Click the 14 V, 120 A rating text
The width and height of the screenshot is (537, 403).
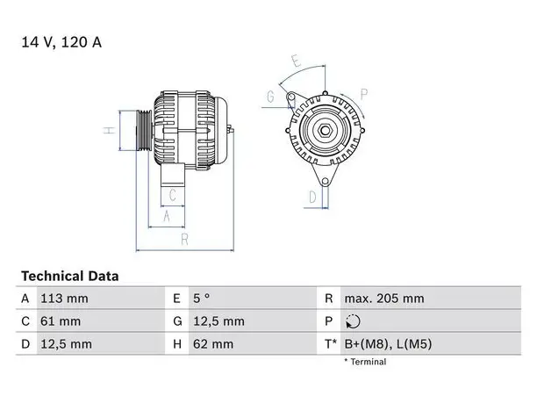tap(61, 42)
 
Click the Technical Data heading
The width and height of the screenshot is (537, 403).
tap(70, 277)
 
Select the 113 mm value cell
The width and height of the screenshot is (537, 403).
tap(64, 299)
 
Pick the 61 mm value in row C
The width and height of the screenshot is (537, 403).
tap(61, 321)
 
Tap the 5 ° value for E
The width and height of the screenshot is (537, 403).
tap(202, 299)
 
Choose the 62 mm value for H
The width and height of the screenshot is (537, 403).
tap(213, 344)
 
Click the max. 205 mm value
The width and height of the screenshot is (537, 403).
tap(384, 299)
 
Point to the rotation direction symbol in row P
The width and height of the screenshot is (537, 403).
tap(353, 321)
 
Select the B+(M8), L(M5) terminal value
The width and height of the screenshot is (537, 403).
tap(388, 344)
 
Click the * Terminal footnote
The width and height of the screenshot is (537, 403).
tap(365, 362)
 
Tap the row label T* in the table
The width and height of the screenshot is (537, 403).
tap(331, 343)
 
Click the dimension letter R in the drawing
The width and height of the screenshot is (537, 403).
tap(184, 239)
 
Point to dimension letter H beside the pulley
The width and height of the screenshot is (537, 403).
tap(110, 130)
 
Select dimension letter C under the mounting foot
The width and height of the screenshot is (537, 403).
tap(173, 195)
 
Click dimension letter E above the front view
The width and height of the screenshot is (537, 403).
tap(297, 61)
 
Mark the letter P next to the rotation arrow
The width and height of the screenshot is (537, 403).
tap(364, 94)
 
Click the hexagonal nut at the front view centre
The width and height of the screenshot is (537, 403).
tap(325, 130)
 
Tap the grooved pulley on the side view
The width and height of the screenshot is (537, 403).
tap(144, 130)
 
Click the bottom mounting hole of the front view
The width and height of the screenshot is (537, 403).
tap(326, 181)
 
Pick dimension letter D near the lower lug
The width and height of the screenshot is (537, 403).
tap(312, 198)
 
